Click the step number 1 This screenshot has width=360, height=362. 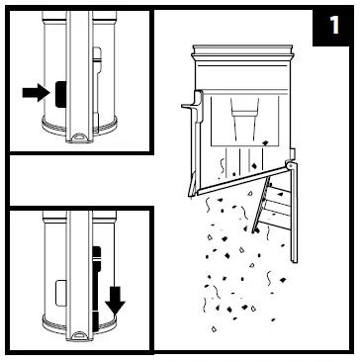334,26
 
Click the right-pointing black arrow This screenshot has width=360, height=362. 36,93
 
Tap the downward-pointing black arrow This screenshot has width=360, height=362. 115,301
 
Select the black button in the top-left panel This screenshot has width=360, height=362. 60,94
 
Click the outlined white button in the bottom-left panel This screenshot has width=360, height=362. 61,293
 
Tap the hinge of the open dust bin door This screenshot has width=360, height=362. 290,165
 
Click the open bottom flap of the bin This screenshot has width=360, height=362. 242,181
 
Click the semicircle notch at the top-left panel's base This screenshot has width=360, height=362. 79,136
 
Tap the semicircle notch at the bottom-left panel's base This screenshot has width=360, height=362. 79,335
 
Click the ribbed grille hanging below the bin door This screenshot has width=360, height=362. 271,205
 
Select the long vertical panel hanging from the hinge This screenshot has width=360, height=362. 294,214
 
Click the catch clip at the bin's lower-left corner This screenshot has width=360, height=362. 192,185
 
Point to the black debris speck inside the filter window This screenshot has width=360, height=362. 265,142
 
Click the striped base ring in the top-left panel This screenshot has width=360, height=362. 79,128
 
